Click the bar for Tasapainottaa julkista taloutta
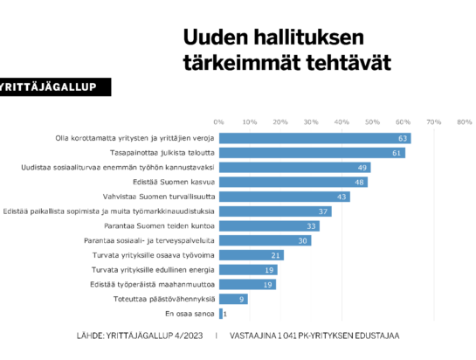(x=312, y=153)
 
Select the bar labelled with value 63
(x=315, y=138)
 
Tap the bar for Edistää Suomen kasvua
(x=293, y=182)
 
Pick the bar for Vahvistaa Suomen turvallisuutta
(x=285, y=197)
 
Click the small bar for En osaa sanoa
(x=221, y=314)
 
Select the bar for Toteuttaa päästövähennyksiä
(x=233, y=299)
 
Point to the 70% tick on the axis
(x=433, y=121)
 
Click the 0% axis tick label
(x=218, y=121)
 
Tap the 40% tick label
(x=341, y=121)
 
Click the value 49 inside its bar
(x=362, y=168)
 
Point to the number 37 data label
(x=323, y=211)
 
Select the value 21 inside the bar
(x=275, y=255)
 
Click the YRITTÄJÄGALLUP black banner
(x=55, y=87)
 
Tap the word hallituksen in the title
(x=308, y=38)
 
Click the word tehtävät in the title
(x=348, y=63)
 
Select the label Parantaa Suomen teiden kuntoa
(x=159, y=226)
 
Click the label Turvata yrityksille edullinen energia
(x=153, y=270)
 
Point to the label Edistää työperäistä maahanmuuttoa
(x=152, y=284)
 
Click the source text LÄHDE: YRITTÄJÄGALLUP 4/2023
(x=140, y=336)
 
